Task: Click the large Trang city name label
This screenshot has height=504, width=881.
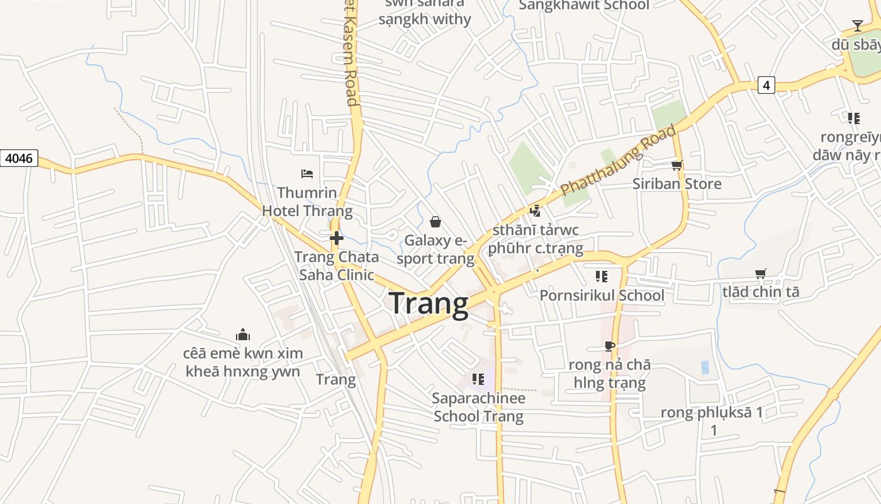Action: pyautogui.click(x=429, y=304)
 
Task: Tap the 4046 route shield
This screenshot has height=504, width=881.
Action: pyautogui.click(x=19, y=158)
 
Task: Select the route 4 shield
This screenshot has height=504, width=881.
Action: pyautogui.click(x=766, y=85)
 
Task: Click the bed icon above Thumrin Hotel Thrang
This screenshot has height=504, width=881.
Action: pyautogui.click(x=307, y=173)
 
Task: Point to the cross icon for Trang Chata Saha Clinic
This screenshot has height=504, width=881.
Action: pyautogui.click(x=337, y=238)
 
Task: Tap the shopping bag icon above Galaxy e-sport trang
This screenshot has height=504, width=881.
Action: pyautogui.click(x=435, y=221)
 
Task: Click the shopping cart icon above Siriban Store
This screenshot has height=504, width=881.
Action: pyautogui.click(x=676, y=165)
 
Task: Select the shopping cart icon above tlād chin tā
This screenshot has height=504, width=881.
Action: pyautogui.click(x=760, y=273)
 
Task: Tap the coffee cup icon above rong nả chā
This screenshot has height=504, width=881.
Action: pyautogui.click(x=609, y=345)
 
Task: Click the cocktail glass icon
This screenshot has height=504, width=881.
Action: pyautogui.click(x=857, y=26)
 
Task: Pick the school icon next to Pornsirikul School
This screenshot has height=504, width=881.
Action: pyautogui.click(x=601, y=276)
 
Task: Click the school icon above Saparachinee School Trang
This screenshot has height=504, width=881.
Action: pyautogui.click(x=478, y=379)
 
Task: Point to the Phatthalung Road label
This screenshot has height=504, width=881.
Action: pyautogui.click(x=618, y=161)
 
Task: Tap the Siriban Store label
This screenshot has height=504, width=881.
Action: pyautogui.click(x=676, y=184)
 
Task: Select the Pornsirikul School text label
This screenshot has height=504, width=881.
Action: pyautogui.click(x=602, y=295)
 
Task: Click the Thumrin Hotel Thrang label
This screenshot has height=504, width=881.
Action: pyautogui.click(x=307, y=202)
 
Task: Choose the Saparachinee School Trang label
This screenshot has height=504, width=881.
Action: pyautogui.click(x=478, y=408)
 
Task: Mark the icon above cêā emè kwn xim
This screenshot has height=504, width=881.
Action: pyautogui.click(x=243, y=334)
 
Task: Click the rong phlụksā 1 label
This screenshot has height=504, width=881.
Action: pyautogui.click(x=712, y=413)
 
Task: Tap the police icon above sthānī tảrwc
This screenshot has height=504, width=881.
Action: pyautogui.click(x=536, y=211)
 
